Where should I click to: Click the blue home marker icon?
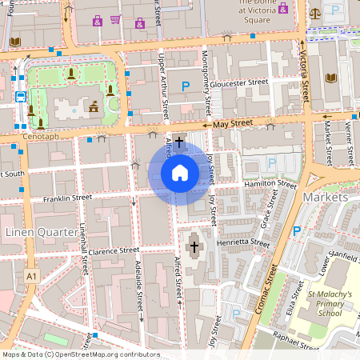180,173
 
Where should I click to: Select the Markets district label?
326,197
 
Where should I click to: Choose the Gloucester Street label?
241,82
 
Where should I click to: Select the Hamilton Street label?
270,184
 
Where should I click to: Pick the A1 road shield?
31,276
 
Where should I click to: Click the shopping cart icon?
115,19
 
